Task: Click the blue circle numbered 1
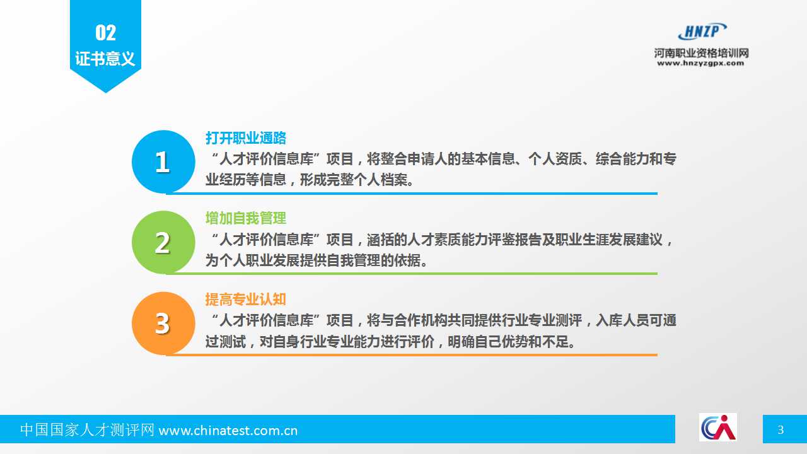(x=163, y=161)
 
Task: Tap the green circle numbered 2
(x=163, y=242)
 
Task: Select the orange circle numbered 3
(x=163, y=323)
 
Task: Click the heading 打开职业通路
(x=246, y=138)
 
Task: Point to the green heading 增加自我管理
(x=246, y=218)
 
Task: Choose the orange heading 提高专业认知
(x=246, y=300)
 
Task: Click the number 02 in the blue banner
(x=105, y=33)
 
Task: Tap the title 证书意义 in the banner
(x=105, y=59)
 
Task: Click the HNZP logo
(x=702, y=31)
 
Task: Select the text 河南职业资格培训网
(x=702, y=54)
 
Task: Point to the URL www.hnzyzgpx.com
(x=700, y=64)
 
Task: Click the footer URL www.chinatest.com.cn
(x=228, y=431)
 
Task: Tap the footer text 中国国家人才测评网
(x=87, y=430)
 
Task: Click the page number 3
(x=781, y=430)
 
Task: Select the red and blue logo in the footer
(x=718, y=428)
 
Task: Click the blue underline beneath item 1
(x=412, y=194)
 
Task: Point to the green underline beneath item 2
(x=412, y=274)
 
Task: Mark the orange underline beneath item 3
(x=412, y=355)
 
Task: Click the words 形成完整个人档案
(x=354, y=180)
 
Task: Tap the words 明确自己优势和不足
(x=508, y=341)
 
